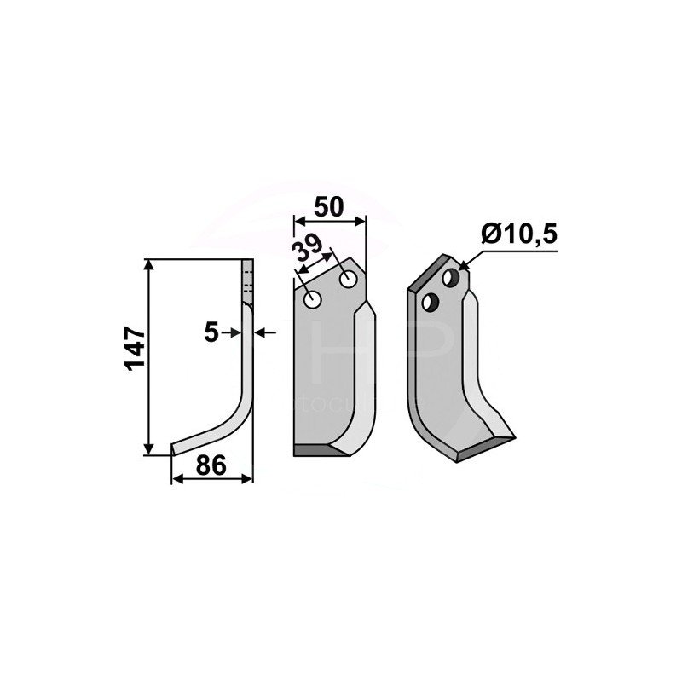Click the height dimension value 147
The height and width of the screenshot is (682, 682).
click(136, 349)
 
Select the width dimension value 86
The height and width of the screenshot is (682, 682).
click(211, 465)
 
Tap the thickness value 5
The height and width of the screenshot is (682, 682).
click(211, 333)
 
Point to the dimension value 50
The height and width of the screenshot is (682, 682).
click(330, 207)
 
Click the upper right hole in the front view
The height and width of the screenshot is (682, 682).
click(348, 279)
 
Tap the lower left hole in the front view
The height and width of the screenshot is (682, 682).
click(313, 299)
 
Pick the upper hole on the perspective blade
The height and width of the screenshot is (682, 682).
click(452, 278)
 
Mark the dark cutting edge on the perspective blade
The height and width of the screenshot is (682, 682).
click(486, 448)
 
